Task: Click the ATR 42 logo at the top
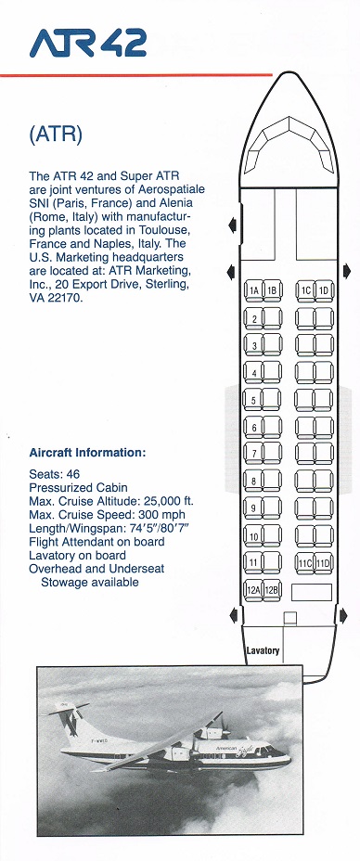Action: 88,43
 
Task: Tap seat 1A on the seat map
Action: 253,290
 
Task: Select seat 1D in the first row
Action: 324,290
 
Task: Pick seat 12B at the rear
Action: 272,590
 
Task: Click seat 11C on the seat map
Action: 305,563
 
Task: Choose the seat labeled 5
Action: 253,400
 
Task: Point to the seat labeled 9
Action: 253,508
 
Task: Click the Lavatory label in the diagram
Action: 263,650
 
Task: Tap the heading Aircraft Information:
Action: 87,453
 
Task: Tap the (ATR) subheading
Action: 56,135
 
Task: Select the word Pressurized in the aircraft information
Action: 58,488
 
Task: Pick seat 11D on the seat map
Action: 324,563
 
